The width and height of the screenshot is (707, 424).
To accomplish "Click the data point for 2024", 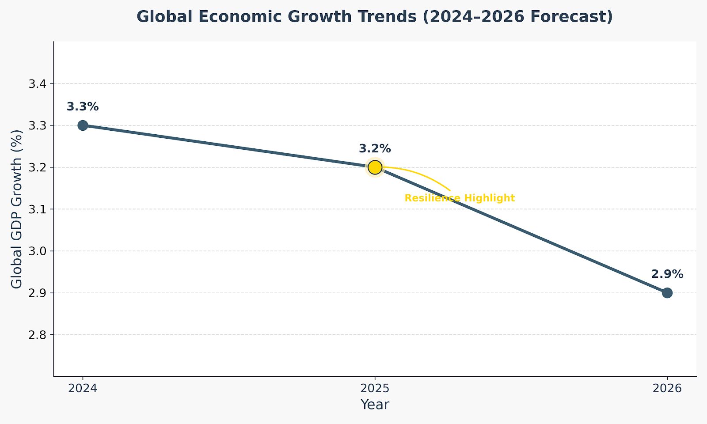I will [83, 125].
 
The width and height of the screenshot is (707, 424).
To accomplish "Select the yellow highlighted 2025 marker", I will [375, 167].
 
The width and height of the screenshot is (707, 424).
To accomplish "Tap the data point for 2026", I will [667, 293].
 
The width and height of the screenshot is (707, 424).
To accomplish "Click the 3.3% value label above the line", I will [83, 107].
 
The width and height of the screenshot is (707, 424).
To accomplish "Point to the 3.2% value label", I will [375, 149].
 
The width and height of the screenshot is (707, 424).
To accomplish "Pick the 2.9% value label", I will [667, 274].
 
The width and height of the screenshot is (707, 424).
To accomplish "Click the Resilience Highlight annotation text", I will [460, 198].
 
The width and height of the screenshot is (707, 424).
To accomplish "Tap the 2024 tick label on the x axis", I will [83, 389].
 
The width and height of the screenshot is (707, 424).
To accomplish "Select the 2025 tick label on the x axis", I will [375, 389].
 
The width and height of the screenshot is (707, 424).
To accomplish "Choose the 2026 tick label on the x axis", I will [667, 389].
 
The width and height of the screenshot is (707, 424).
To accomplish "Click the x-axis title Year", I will [375, 405].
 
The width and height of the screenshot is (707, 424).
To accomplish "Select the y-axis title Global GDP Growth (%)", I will [17, 209].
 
